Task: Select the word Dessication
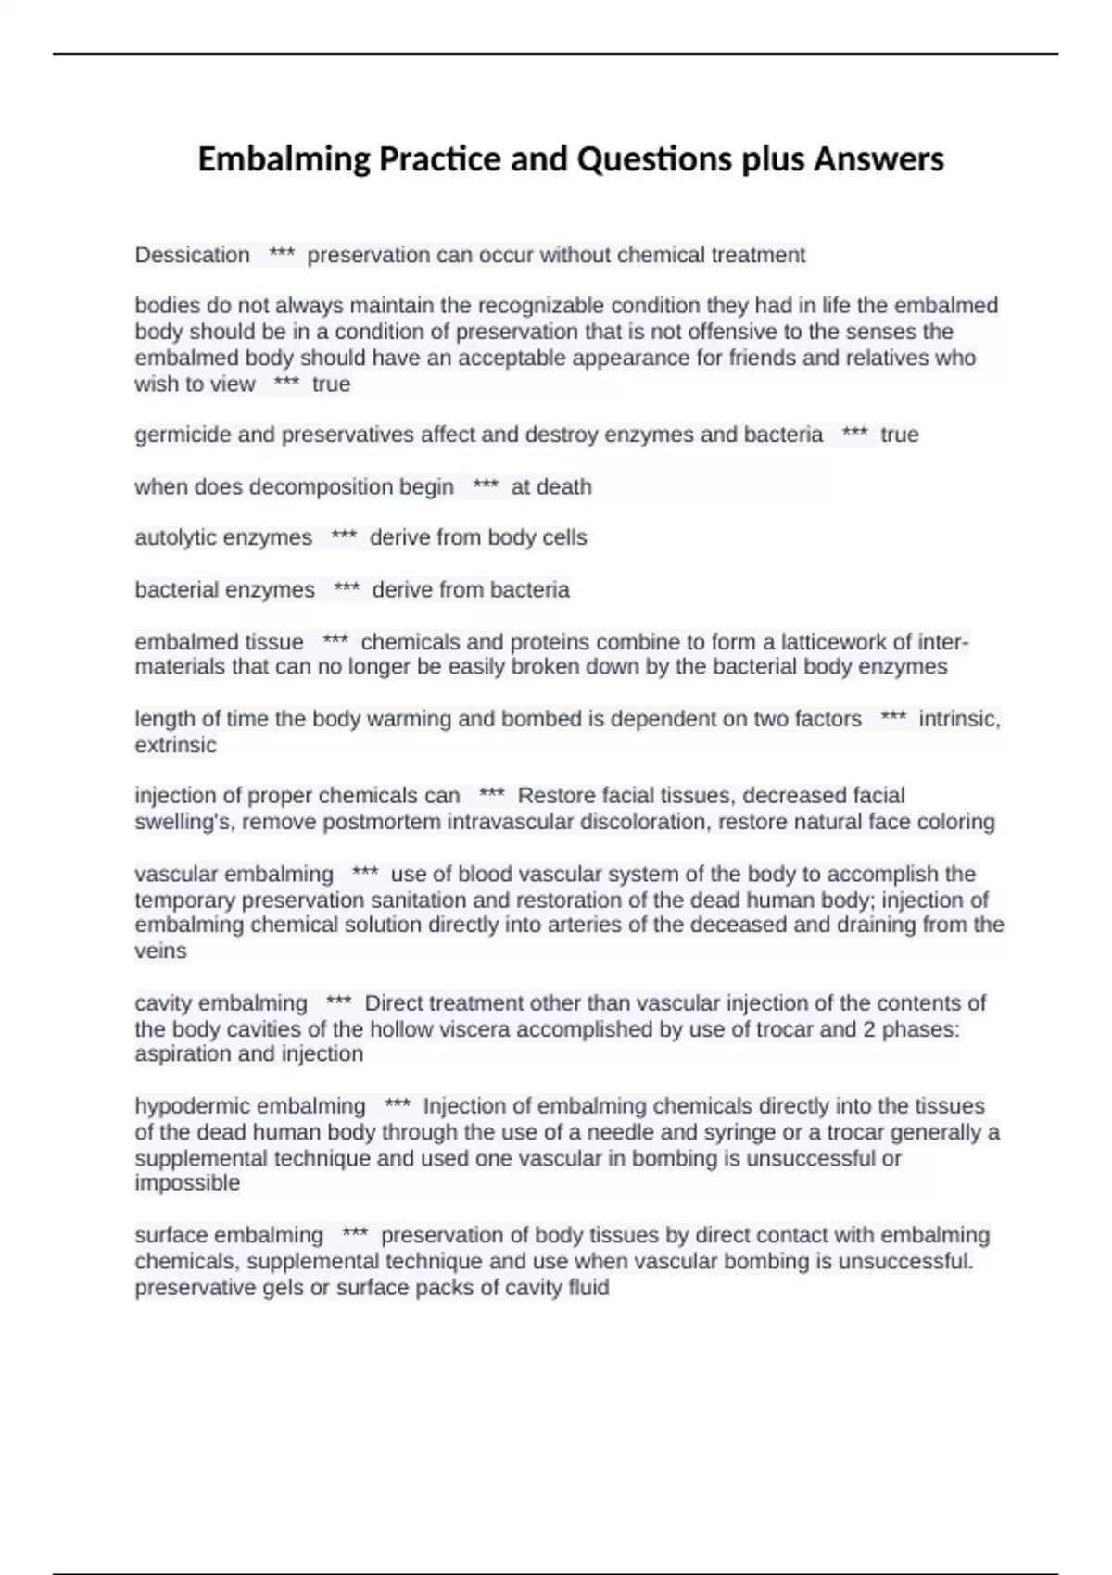(x=192, y=255)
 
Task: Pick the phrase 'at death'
(x=551, y=486)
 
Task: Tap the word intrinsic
(x=959, y=719)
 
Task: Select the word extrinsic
(x=175, y=745)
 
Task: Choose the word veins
(x=160, y=951)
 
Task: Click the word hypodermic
(x=188, y=1106)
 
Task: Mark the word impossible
(x=187, y=1183)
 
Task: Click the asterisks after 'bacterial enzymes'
(x=347, y=589)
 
